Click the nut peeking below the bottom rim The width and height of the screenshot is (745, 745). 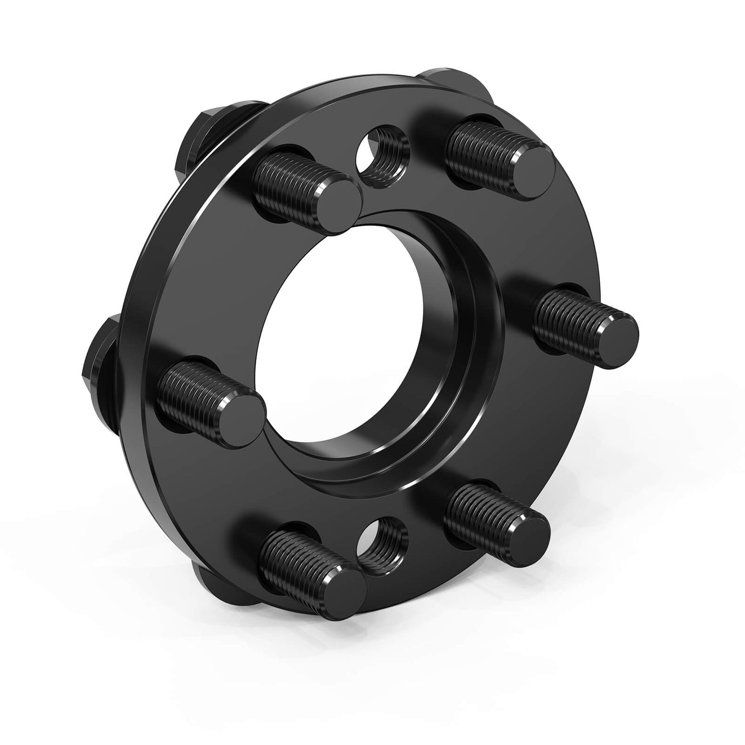tap(217, 585)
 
